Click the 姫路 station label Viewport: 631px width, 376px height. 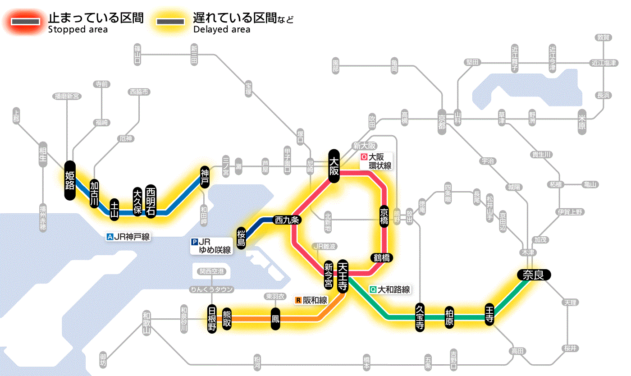[70, 180]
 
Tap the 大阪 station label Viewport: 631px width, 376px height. [334, 166]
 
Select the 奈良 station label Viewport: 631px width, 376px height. [533, 275]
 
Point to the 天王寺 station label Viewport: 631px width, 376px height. [343, 276]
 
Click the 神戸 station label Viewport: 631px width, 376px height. [205, 177]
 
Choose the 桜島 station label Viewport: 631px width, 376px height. [242, 238]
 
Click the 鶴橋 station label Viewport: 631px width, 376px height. [381, 258]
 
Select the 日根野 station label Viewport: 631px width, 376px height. [212, 319]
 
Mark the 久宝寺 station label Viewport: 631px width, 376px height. [420, 317]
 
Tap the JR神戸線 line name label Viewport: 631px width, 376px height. [128, 236]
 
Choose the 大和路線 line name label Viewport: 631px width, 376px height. [390, 289]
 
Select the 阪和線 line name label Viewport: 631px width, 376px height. [311, 300]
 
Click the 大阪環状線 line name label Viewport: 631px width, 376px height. [376, 161]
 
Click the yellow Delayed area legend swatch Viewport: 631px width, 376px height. [170, 22]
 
